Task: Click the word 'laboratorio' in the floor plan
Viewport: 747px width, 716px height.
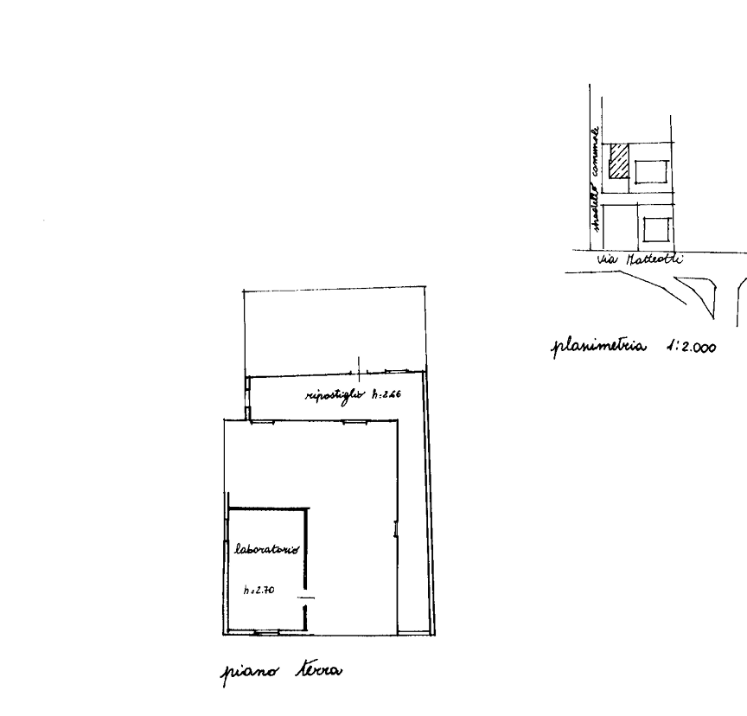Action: pos(267,548)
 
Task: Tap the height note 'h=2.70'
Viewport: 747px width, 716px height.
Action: pos(259,591)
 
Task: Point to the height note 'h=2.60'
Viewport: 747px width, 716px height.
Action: pos(386,396)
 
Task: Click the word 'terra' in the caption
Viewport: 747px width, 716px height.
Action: pos(319,670)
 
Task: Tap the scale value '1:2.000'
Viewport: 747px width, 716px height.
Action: pos(691,347)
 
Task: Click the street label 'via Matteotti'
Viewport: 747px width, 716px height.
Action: pos(641,259)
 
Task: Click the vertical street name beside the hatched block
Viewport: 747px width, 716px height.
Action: pos(595,177)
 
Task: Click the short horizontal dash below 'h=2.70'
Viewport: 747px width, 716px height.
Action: pos(303,598)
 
